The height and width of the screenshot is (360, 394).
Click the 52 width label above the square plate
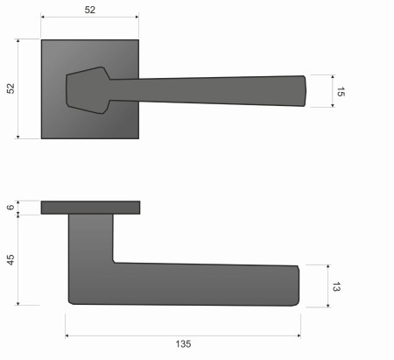pos(90,10)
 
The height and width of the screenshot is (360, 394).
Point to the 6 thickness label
pos(11,208)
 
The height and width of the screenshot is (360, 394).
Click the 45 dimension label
pos(11,259)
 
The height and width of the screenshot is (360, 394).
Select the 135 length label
pos(182,344)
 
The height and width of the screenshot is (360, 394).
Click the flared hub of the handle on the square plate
pos(88,88)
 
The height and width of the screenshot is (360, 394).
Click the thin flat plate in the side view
pos(90,208)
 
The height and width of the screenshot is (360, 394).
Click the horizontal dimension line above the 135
pos(182,334)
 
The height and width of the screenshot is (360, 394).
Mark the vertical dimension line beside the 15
pos(332,91)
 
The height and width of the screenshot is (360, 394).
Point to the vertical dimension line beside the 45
pos(19,259)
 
